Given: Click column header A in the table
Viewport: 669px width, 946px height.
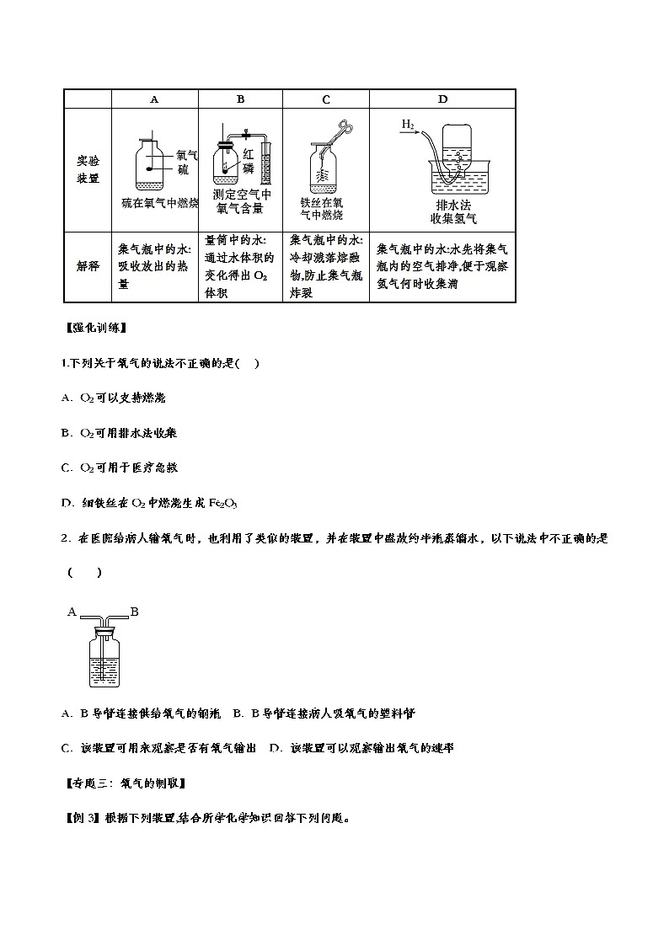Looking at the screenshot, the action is (154, 99).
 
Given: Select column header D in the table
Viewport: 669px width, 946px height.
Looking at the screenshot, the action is (442, 99).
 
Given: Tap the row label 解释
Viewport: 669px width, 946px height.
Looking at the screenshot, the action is (88, 266).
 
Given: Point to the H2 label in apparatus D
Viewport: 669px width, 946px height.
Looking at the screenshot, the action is (408, 125).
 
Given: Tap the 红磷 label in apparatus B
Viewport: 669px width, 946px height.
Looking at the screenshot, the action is (248, 162).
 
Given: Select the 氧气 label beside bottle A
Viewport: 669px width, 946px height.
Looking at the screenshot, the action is (187, 156).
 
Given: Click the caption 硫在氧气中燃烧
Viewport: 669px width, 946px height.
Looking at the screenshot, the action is (159, 204).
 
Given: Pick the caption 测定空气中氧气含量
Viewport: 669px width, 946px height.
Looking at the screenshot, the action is (241, 202).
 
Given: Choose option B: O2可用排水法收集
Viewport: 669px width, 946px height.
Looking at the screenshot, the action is (119, 433).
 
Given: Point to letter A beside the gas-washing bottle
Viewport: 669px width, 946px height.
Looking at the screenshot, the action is (72, 612).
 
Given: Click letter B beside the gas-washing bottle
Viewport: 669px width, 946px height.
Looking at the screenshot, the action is (134, 612).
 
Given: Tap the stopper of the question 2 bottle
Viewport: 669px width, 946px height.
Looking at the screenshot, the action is (103, 627).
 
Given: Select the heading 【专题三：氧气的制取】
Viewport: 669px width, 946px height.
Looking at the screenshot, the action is (125, 783).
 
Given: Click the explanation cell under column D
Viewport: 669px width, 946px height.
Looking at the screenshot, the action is (442, 266).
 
